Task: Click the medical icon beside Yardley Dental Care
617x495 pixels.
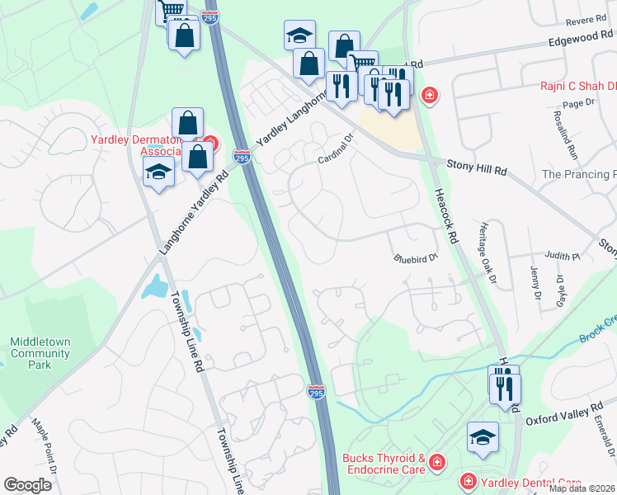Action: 468,480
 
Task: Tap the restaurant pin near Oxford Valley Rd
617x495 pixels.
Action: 503,385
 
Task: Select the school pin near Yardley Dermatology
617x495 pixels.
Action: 158,172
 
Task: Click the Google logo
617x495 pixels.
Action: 27,485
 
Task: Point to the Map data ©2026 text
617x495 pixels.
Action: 582,488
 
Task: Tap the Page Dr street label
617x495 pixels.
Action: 578,102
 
